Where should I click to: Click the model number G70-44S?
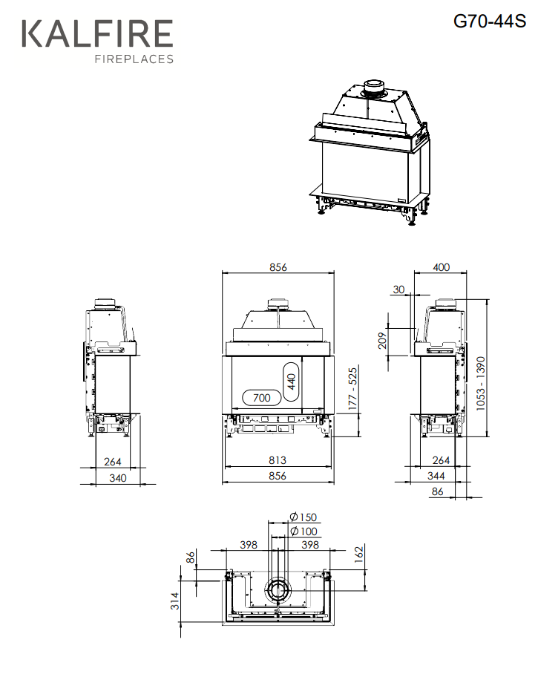pyautogui.click(x=490, y=21)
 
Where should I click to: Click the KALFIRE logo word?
pyautogui.click(x=97, y=33)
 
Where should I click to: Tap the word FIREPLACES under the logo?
pyautogui.click(x=134, y=59)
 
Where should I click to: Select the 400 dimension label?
pyautogui.click(x=441, y=267)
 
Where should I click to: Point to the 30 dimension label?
pyautogui.click(x=398, y=289)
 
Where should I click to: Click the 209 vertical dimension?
pyautogui.click(x=382, y=341)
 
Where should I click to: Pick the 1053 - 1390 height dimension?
pyautogui.click(x=480, y=384)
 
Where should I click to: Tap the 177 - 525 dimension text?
pyautogui.click(x=352, y=388)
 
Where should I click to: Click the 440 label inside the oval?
pyautogui.click(x=292, y=382)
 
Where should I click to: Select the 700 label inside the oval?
pyautogui.click(x=261, y=398)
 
